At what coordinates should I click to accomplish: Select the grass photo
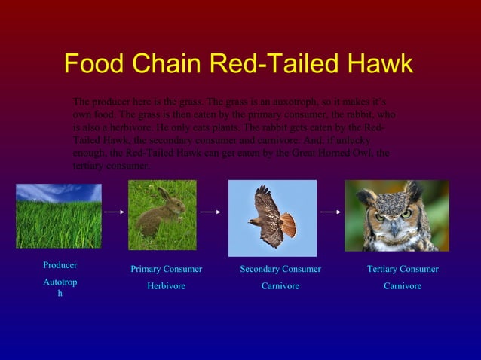pos(59,216)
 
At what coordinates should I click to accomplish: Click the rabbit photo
pos(162,215)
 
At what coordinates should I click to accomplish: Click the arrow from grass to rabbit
pos(114,212)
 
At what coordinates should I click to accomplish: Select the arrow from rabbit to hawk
pos(210,212)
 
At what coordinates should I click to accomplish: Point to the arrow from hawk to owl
pos(330,212)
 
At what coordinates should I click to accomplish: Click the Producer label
pos(60,265)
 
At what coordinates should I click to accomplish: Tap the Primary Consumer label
pos(166,269)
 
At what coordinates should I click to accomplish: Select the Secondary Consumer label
pos(280,269)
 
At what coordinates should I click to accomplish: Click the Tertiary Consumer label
pos(403,269)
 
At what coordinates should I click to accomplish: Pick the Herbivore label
pos(166,286)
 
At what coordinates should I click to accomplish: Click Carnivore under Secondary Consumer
pos(280,286)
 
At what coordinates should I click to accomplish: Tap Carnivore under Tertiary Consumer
pos(403,286)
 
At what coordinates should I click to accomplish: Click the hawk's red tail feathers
pos(287,224)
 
